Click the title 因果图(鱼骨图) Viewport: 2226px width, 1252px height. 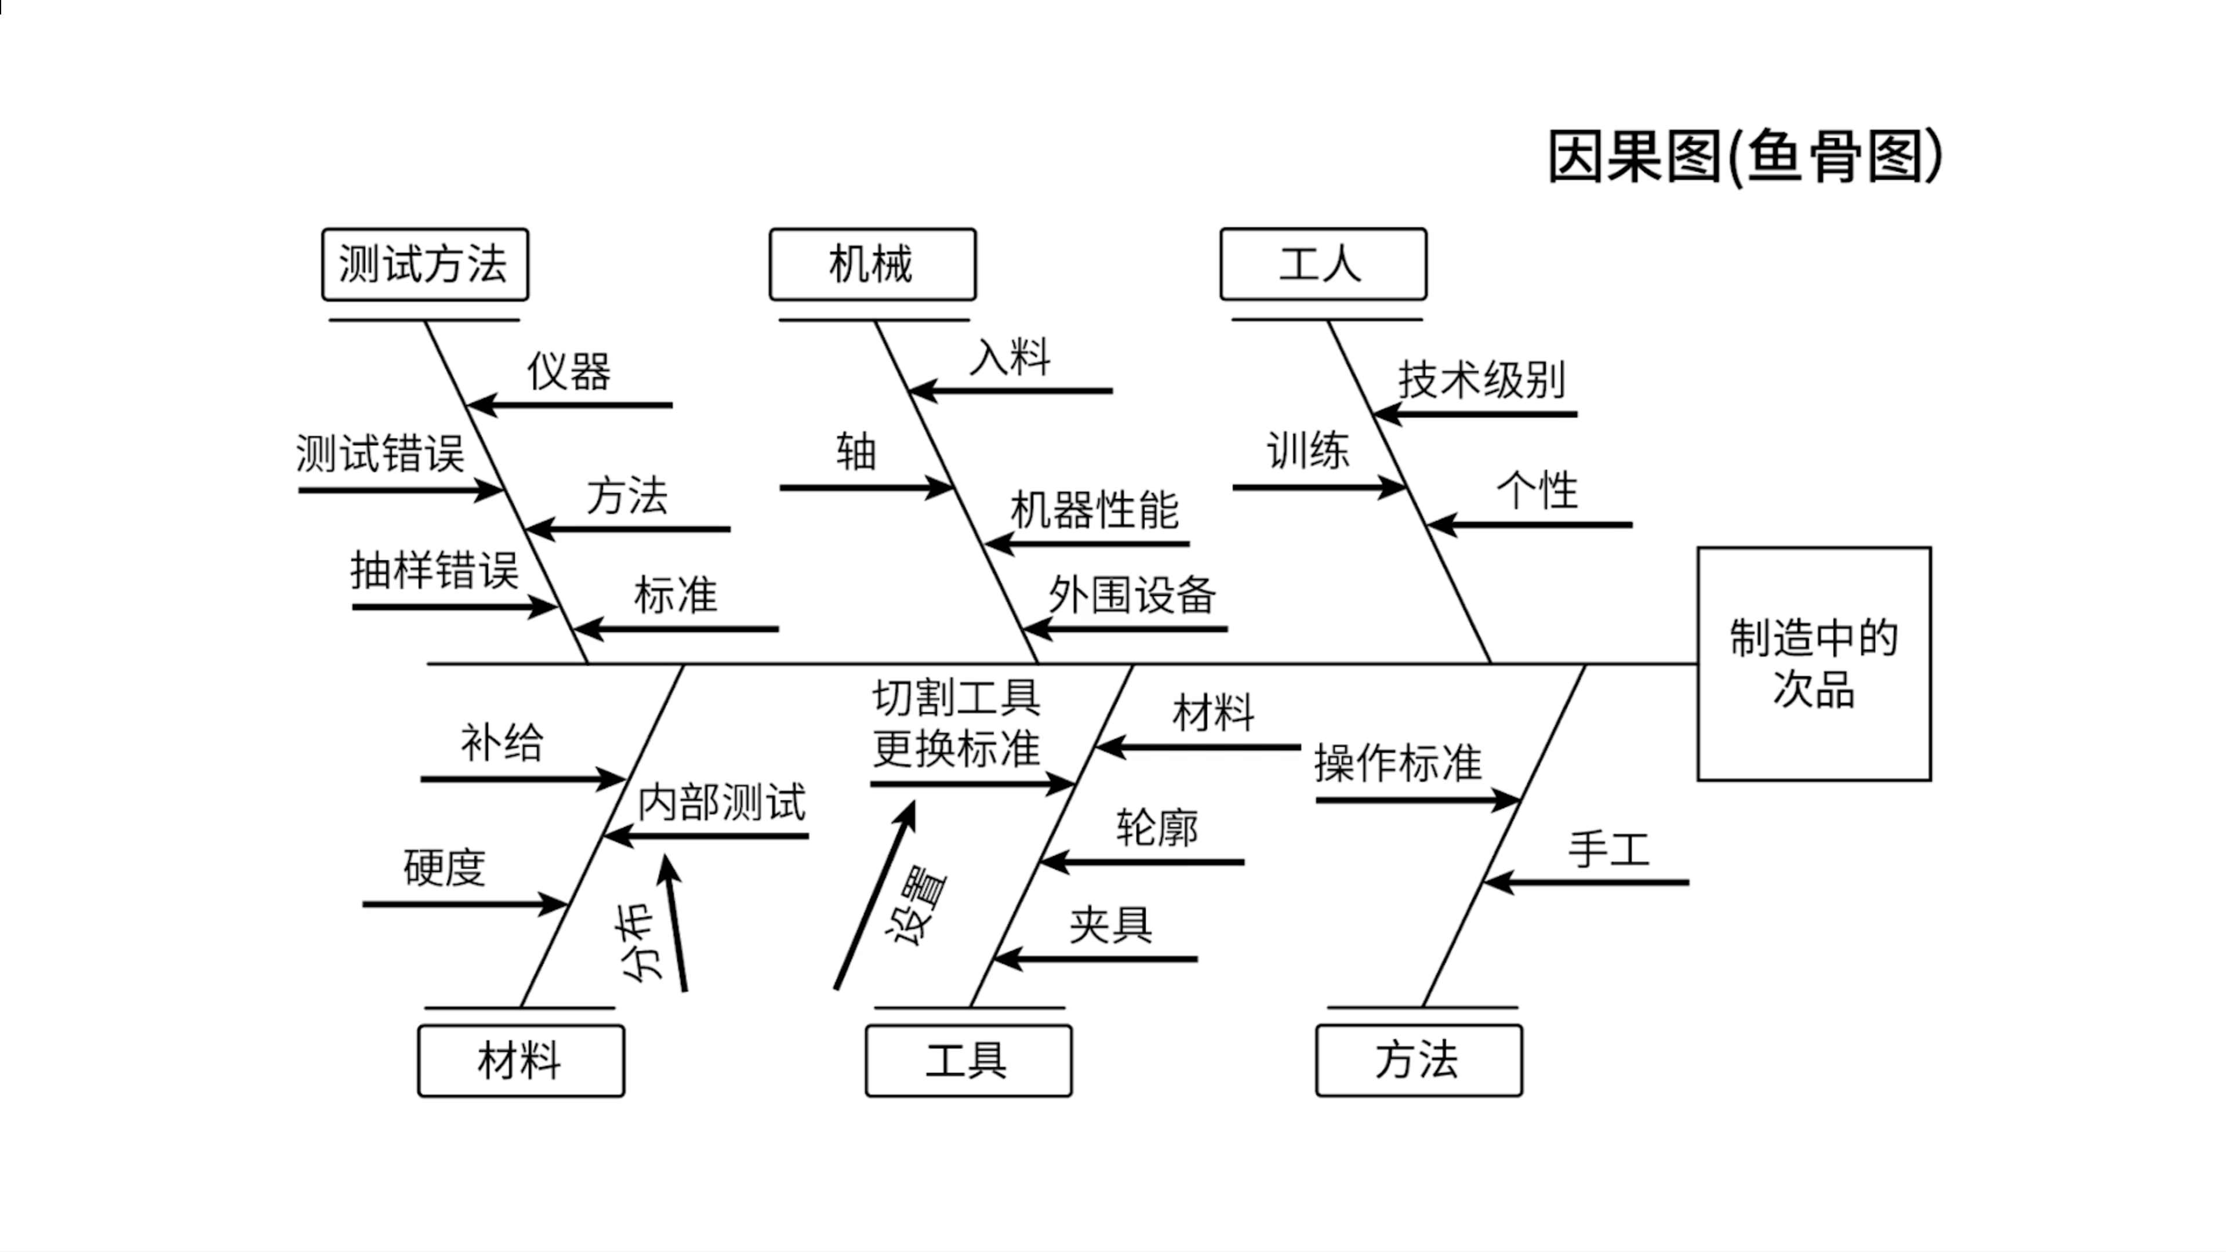point(1744,157)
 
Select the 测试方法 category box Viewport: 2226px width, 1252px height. point(424,264)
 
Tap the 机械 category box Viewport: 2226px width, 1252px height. point(872,264)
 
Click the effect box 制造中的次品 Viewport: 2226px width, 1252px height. point(1813,663)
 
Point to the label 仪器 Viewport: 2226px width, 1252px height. point(569,372)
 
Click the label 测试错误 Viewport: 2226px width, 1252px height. point(380,453)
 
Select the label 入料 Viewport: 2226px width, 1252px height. point(1010,357)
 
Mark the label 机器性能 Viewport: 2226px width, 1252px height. point(1094,510)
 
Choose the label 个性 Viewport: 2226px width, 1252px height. point(1537,491)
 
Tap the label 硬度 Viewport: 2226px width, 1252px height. point(444,868)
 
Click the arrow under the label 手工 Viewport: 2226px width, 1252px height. point(1586,882)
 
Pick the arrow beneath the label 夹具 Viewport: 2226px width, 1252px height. point(1096,958)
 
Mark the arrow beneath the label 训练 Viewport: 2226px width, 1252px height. point(1319,487)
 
